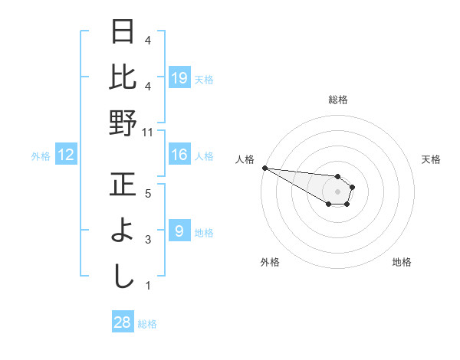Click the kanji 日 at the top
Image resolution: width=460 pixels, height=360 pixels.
click(x=123, y=33)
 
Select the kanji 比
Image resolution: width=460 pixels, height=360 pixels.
click(x=123, y=77)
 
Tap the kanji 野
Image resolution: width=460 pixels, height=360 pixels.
click(x=123, y=123)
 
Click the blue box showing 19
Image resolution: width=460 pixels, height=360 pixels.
click(x=179, y=77)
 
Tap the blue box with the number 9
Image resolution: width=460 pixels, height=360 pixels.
click(x=179, y=231)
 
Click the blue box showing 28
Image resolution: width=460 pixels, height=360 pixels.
click(x=123, y=322)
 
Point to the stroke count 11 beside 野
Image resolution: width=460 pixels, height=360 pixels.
click(x=147, y=133)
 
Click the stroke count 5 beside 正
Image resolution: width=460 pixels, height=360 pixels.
click(x=147, y=195)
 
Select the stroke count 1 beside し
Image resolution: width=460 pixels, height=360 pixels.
click(x=147, y=286)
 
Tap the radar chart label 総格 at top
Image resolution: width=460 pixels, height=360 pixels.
click(x=337, y=100)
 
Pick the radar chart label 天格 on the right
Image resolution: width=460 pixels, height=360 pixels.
click(x=431, y=159)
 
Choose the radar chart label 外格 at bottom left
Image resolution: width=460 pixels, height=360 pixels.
click(x=269, y=262)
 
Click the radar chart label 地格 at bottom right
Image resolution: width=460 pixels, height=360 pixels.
click(x=402, y=262)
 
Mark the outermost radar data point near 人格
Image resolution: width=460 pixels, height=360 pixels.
click(x=264, y=168)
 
